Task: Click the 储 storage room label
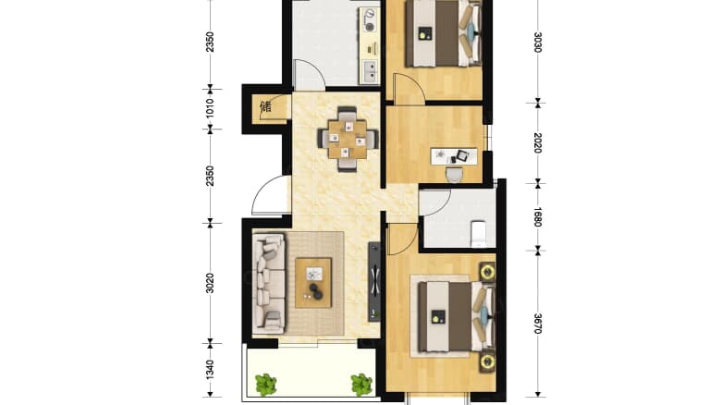coord(266,106)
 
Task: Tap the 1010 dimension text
coord(210,107)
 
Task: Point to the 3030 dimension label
coord(538,42)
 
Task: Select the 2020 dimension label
coord(538,142)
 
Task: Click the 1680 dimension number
coord(538,216)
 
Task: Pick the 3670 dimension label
coord(538,324)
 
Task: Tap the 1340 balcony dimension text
coord(210,370)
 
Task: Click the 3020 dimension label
coord(210,283)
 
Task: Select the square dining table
coord(348,139)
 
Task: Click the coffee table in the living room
coord(313,283)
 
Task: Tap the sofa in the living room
coord(270,283)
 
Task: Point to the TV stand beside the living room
coord(374,282)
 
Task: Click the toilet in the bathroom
coord(479,233)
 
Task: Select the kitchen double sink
coord(370,72)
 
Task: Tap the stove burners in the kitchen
coord(369,20)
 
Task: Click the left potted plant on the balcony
coord(266,385)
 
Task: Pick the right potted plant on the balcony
coord(361,385)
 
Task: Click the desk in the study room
coord(453,156)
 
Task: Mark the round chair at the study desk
coord(454,175)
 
